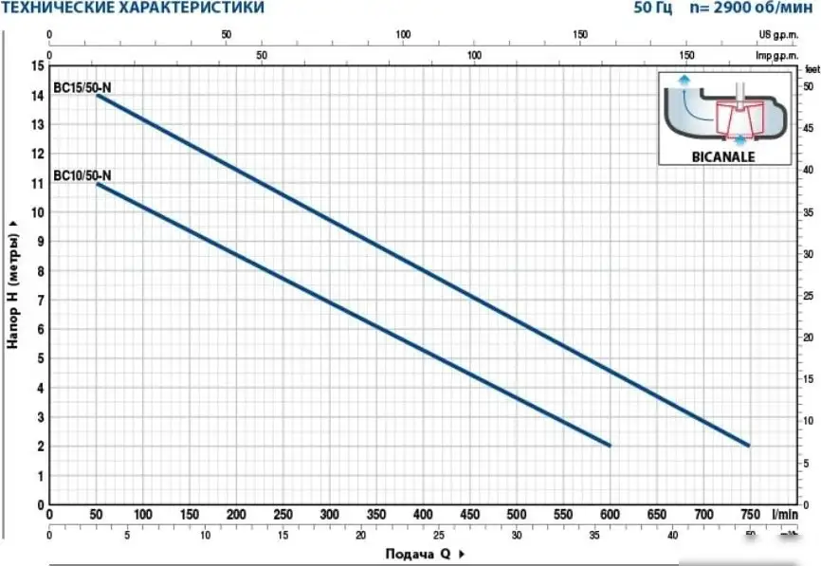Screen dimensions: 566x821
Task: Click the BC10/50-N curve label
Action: click(x=83, y=175)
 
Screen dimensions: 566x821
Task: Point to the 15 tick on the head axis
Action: click(x=37, y=66)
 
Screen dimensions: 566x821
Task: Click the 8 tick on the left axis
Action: click(x=39, y=271)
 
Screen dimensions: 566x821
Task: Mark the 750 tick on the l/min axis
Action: click(x=748, y=515)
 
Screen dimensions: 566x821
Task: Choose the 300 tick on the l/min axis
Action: click(x=329, y=515)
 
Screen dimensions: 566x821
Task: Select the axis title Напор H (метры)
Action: click(x=14, y=285)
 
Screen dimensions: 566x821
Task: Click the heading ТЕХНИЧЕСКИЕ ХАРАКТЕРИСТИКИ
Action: click(x=134, y=9)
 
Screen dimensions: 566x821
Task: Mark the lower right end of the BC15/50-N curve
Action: click(x=747, y=445)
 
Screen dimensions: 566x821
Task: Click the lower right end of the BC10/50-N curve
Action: click(x=609, y=445)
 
